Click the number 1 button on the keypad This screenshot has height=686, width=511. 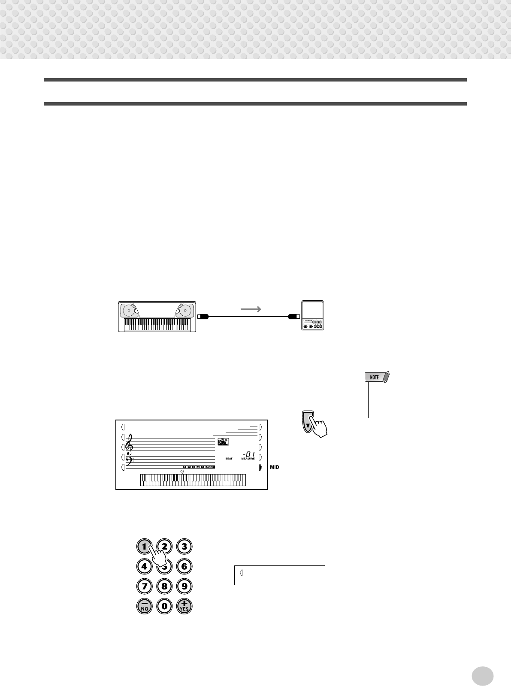click(x=144, y=547)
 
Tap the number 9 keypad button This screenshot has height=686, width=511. click(x=184, y=586)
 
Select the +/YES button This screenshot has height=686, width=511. click(x=184, y=606)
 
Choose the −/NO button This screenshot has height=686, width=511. click(x=144, y=606)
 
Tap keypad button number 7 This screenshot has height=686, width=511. click(x=144, y=586)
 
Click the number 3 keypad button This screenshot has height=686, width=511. click(x=184, y=547)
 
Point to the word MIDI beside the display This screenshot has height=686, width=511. click(x=275, y=467)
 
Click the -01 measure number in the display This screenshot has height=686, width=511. click(x=248, y=453)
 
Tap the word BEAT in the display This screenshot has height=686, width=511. click(x=229, y=459)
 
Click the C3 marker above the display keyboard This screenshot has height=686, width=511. click(x=182, y=471)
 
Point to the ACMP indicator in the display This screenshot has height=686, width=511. click(x=210, y=467)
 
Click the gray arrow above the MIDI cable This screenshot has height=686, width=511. click(x=251, y=309)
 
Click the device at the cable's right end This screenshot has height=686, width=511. click(x=312, y=315)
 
